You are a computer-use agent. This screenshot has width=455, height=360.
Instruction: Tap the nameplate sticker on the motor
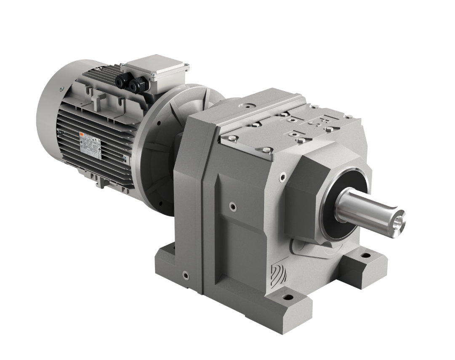pos(90,146)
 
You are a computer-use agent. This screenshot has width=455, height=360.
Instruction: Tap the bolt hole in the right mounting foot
pos(363,255)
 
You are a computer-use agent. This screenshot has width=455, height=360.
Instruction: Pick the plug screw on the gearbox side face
pos(232,206)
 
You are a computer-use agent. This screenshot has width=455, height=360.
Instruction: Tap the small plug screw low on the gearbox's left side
pos(186,276)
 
